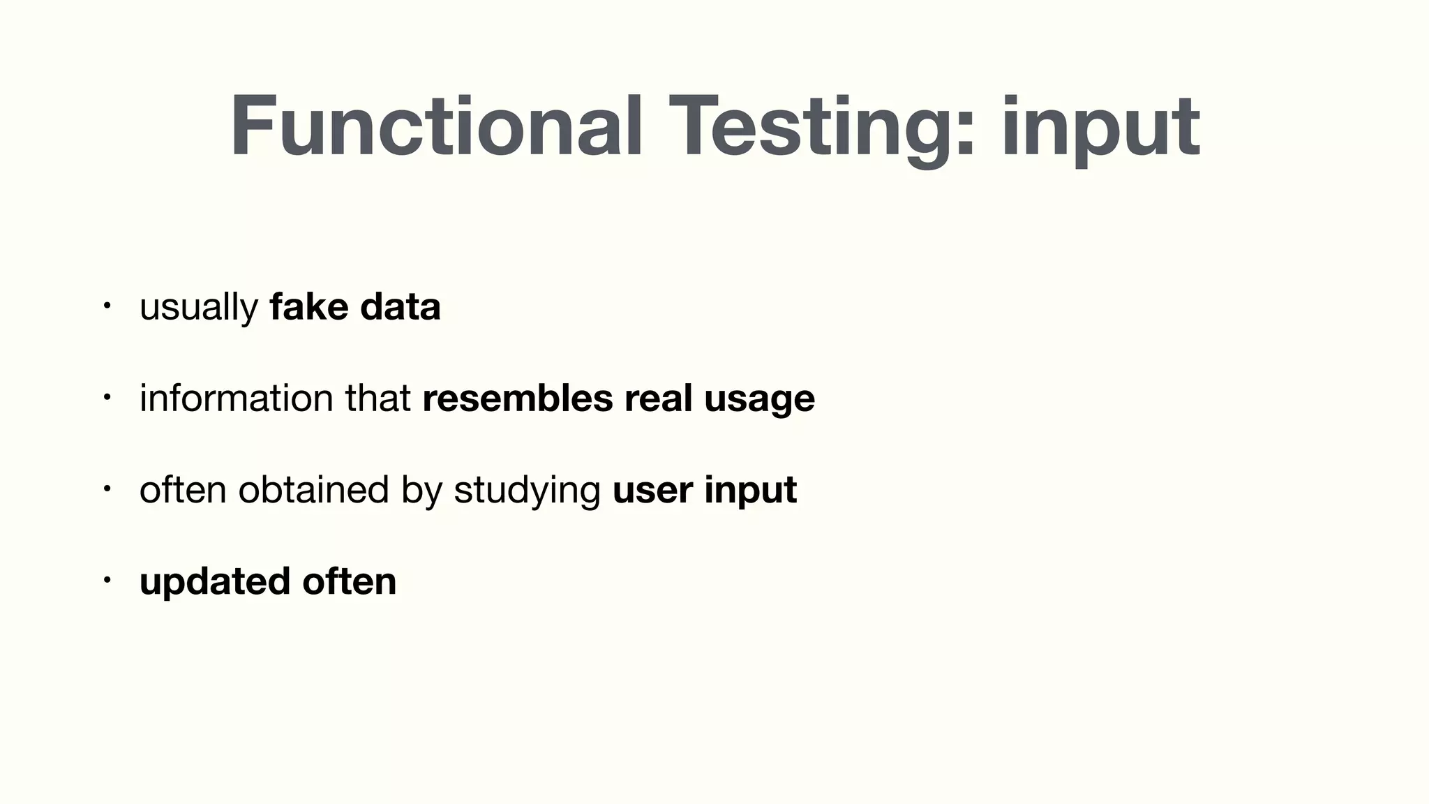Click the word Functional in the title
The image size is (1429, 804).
coord(436,127)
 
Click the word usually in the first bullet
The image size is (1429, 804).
coord(199,308)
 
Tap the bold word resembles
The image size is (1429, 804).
coord(517,398)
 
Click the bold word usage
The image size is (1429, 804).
coord(759,399)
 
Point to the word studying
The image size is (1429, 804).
coord(527,491)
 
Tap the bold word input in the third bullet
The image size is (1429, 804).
coord(750,491)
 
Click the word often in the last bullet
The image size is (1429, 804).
coord(349,581)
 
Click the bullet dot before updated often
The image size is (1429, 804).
coord(106,580)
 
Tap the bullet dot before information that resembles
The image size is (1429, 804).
coord(106,397)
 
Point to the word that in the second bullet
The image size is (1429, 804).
coord(377,398)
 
